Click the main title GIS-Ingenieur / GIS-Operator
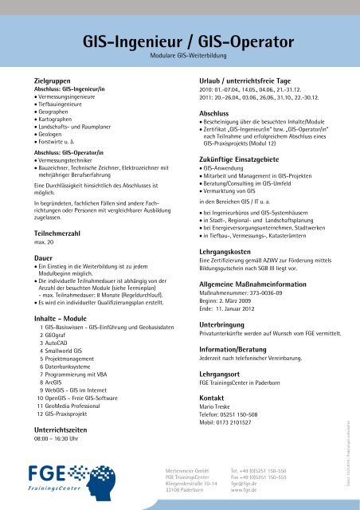(x=179, y=42)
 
